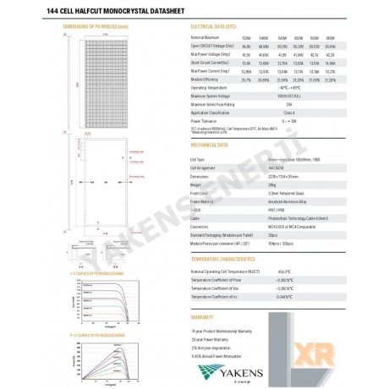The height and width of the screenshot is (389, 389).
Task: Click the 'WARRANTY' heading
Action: (x=207, y=318)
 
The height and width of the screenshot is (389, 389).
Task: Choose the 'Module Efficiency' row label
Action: (x=208, y=79)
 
